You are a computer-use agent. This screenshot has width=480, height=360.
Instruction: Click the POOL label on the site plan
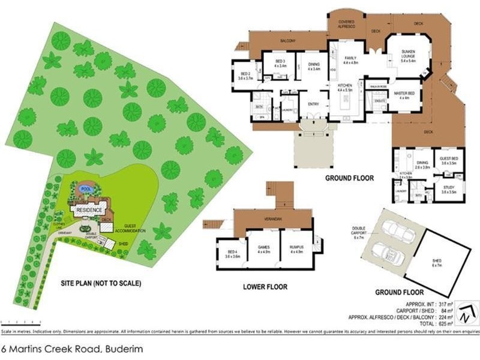pyautogui.click(x=86, y=188)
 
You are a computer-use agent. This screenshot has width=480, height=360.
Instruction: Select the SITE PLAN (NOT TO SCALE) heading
pyautogui.click(x=101, y=283)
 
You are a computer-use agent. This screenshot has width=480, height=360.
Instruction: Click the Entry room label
pyautogui.click(x=313, y=104)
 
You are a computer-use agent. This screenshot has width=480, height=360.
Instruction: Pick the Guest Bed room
pyautogui.click(x=449, y=161)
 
